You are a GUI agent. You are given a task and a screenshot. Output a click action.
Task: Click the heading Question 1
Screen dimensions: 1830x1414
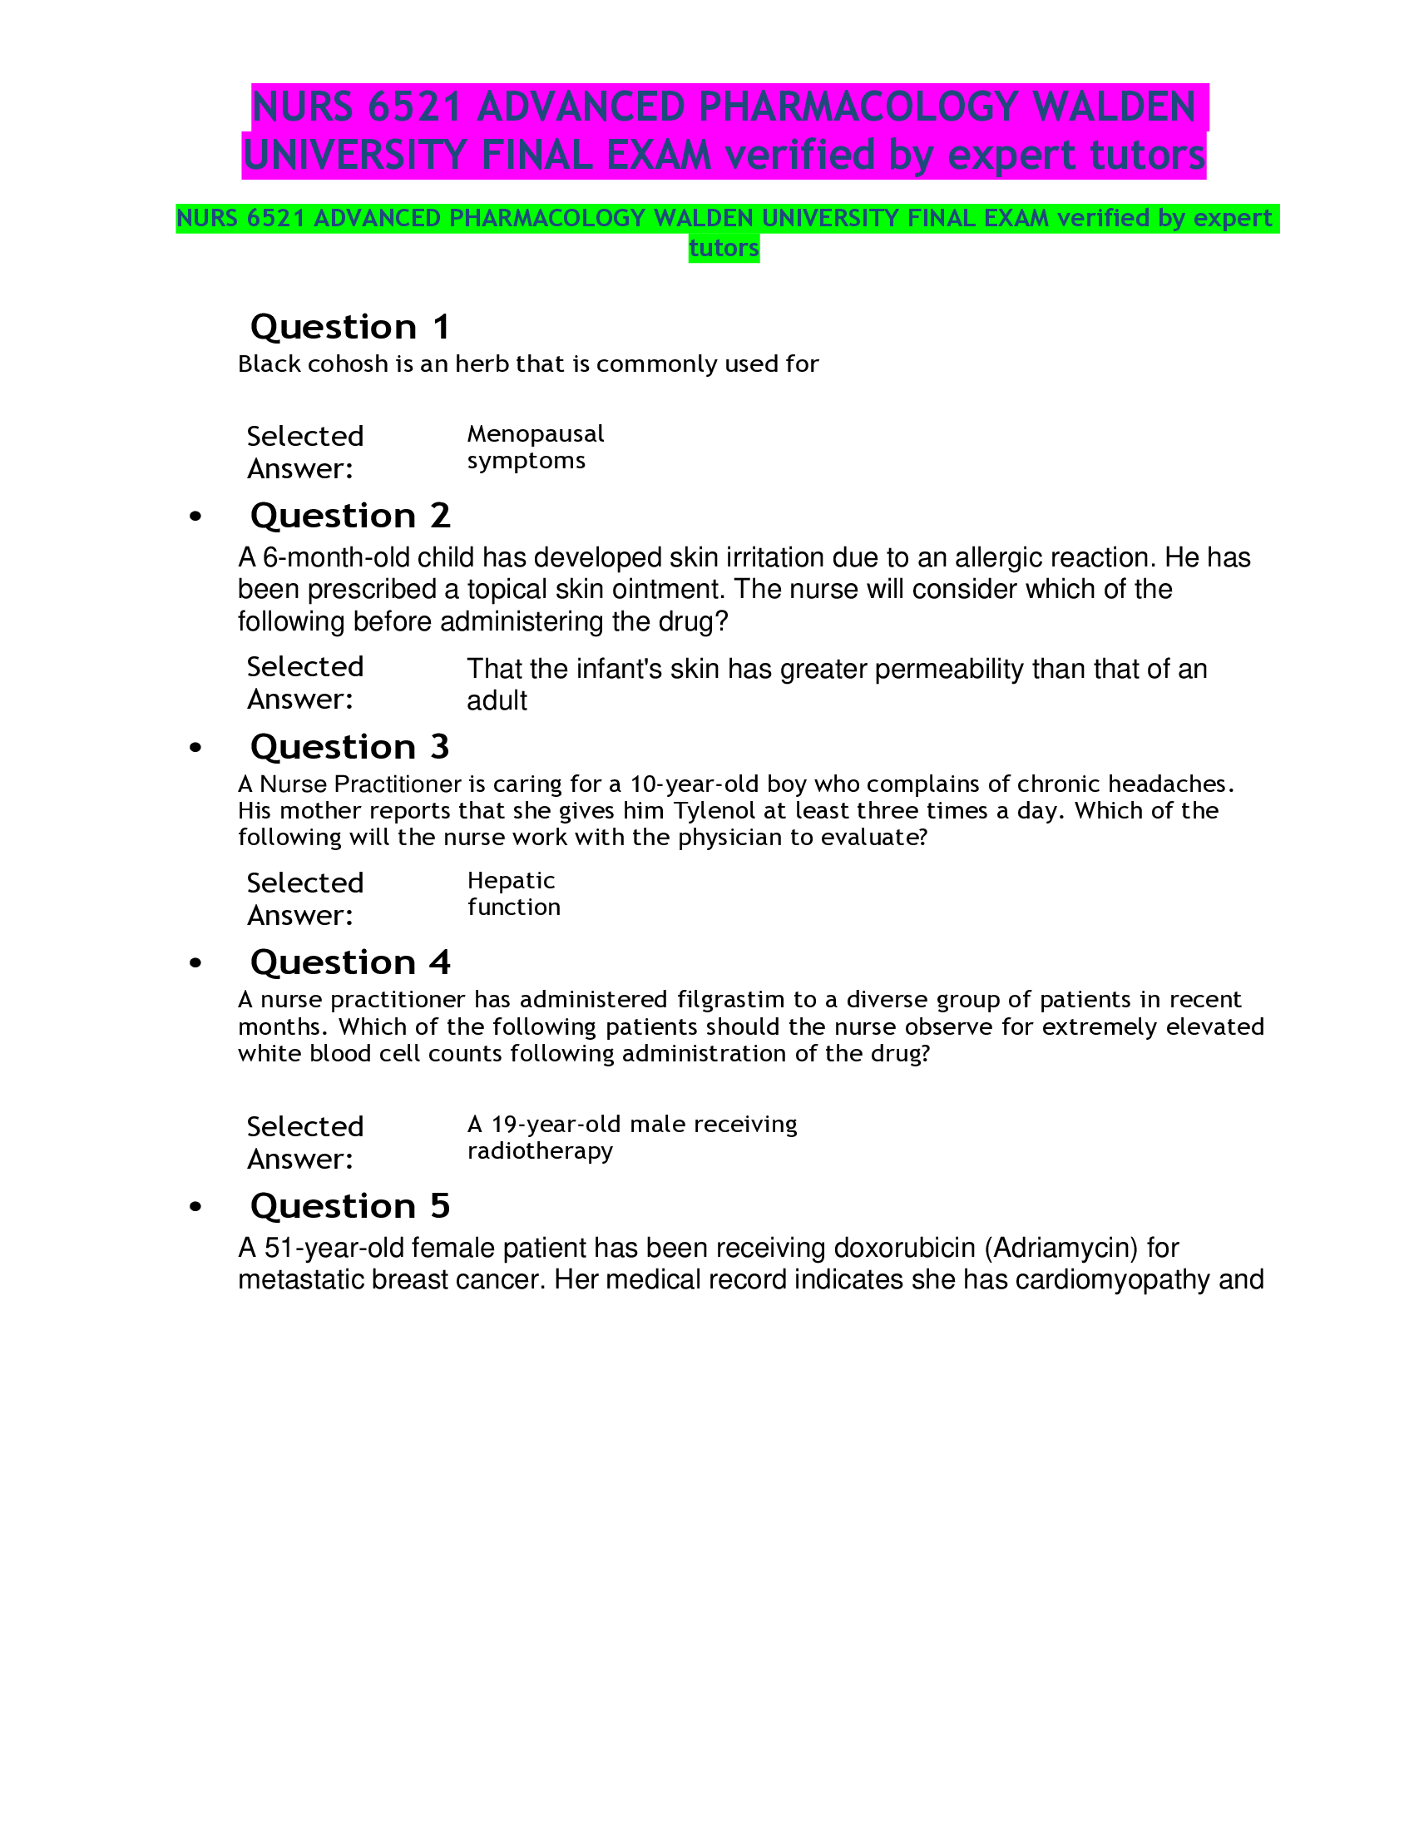pyautogui.click(x=350, y=327)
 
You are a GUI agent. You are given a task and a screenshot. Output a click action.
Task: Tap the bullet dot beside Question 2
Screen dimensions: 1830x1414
pyautogui.click(x=196, y=517)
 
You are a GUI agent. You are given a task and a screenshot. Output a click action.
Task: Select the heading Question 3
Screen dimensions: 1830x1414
pyautogui.click(x=350, y=747)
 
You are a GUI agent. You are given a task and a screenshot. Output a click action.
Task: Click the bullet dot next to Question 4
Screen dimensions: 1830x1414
pyautogui.click(x=196, y=963)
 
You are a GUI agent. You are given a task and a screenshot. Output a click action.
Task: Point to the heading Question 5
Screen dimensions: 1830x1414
pyautogui.click(x=350, y=1206)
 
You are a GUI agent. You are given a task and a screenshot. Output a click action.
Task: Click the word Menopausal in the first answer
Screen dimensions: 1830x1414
pyautogui.click(x=536, y=434)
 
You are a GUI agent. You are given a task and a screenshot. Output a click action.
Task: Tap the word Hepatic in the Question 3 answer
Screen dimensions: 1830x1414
pyautogui.click(x=511, y=881)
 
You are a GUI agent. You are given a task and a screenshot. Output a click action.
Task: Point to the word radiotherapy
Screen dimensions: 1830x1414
pyautogui.click(x=540, y=1151)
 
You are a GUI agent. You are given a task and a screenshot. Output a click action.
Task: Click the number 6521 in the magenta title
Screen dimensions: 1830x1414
pyautogui.click(x=414, y=107)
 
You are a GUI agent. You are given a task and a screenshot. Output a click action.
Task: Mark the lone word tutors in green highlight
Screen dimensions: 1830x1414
pyautogui.click(x=724, y=249)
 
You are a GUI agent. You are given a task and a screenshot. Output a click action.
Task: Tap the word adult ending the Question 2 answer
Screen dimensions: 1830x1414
pyautogui.click(x=497, y=701)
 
